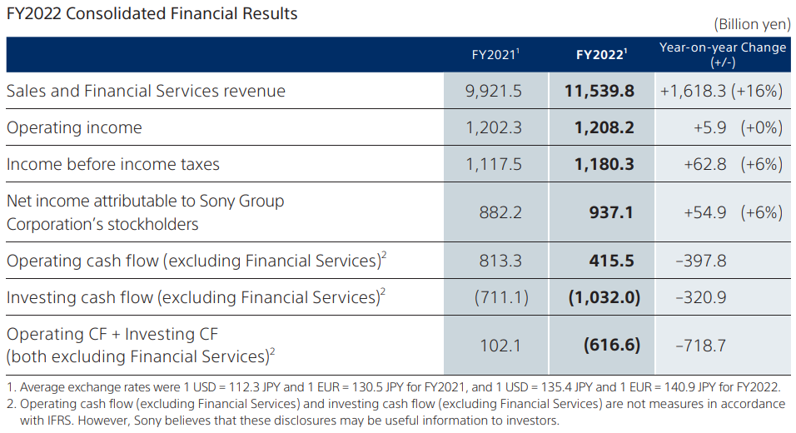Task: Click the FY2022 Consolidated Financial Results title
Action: (x=152, y=14)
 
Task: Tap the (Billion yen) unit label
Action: (x=752, y=25)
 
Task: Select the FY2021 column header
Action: (x=495, y=55)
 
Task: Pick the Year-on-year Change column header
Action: (x=722, y=54)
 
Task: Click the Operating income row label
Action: (x=74, y=127)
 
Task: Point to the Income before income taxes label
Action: (x=113, y=164)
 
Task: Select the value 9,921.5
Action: (x=495, y=91)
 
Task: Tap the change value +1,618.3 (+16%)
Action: (x=721, y=91)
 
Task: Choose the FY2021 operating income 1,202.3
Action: (x=495, y=127)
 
